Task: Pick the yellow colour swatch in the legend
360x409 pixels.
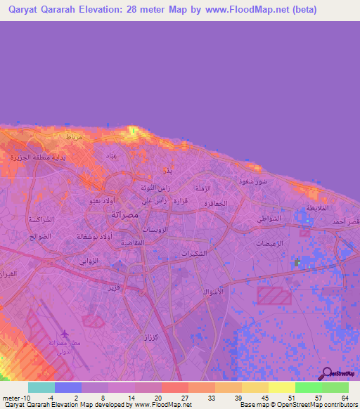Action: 282,387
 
